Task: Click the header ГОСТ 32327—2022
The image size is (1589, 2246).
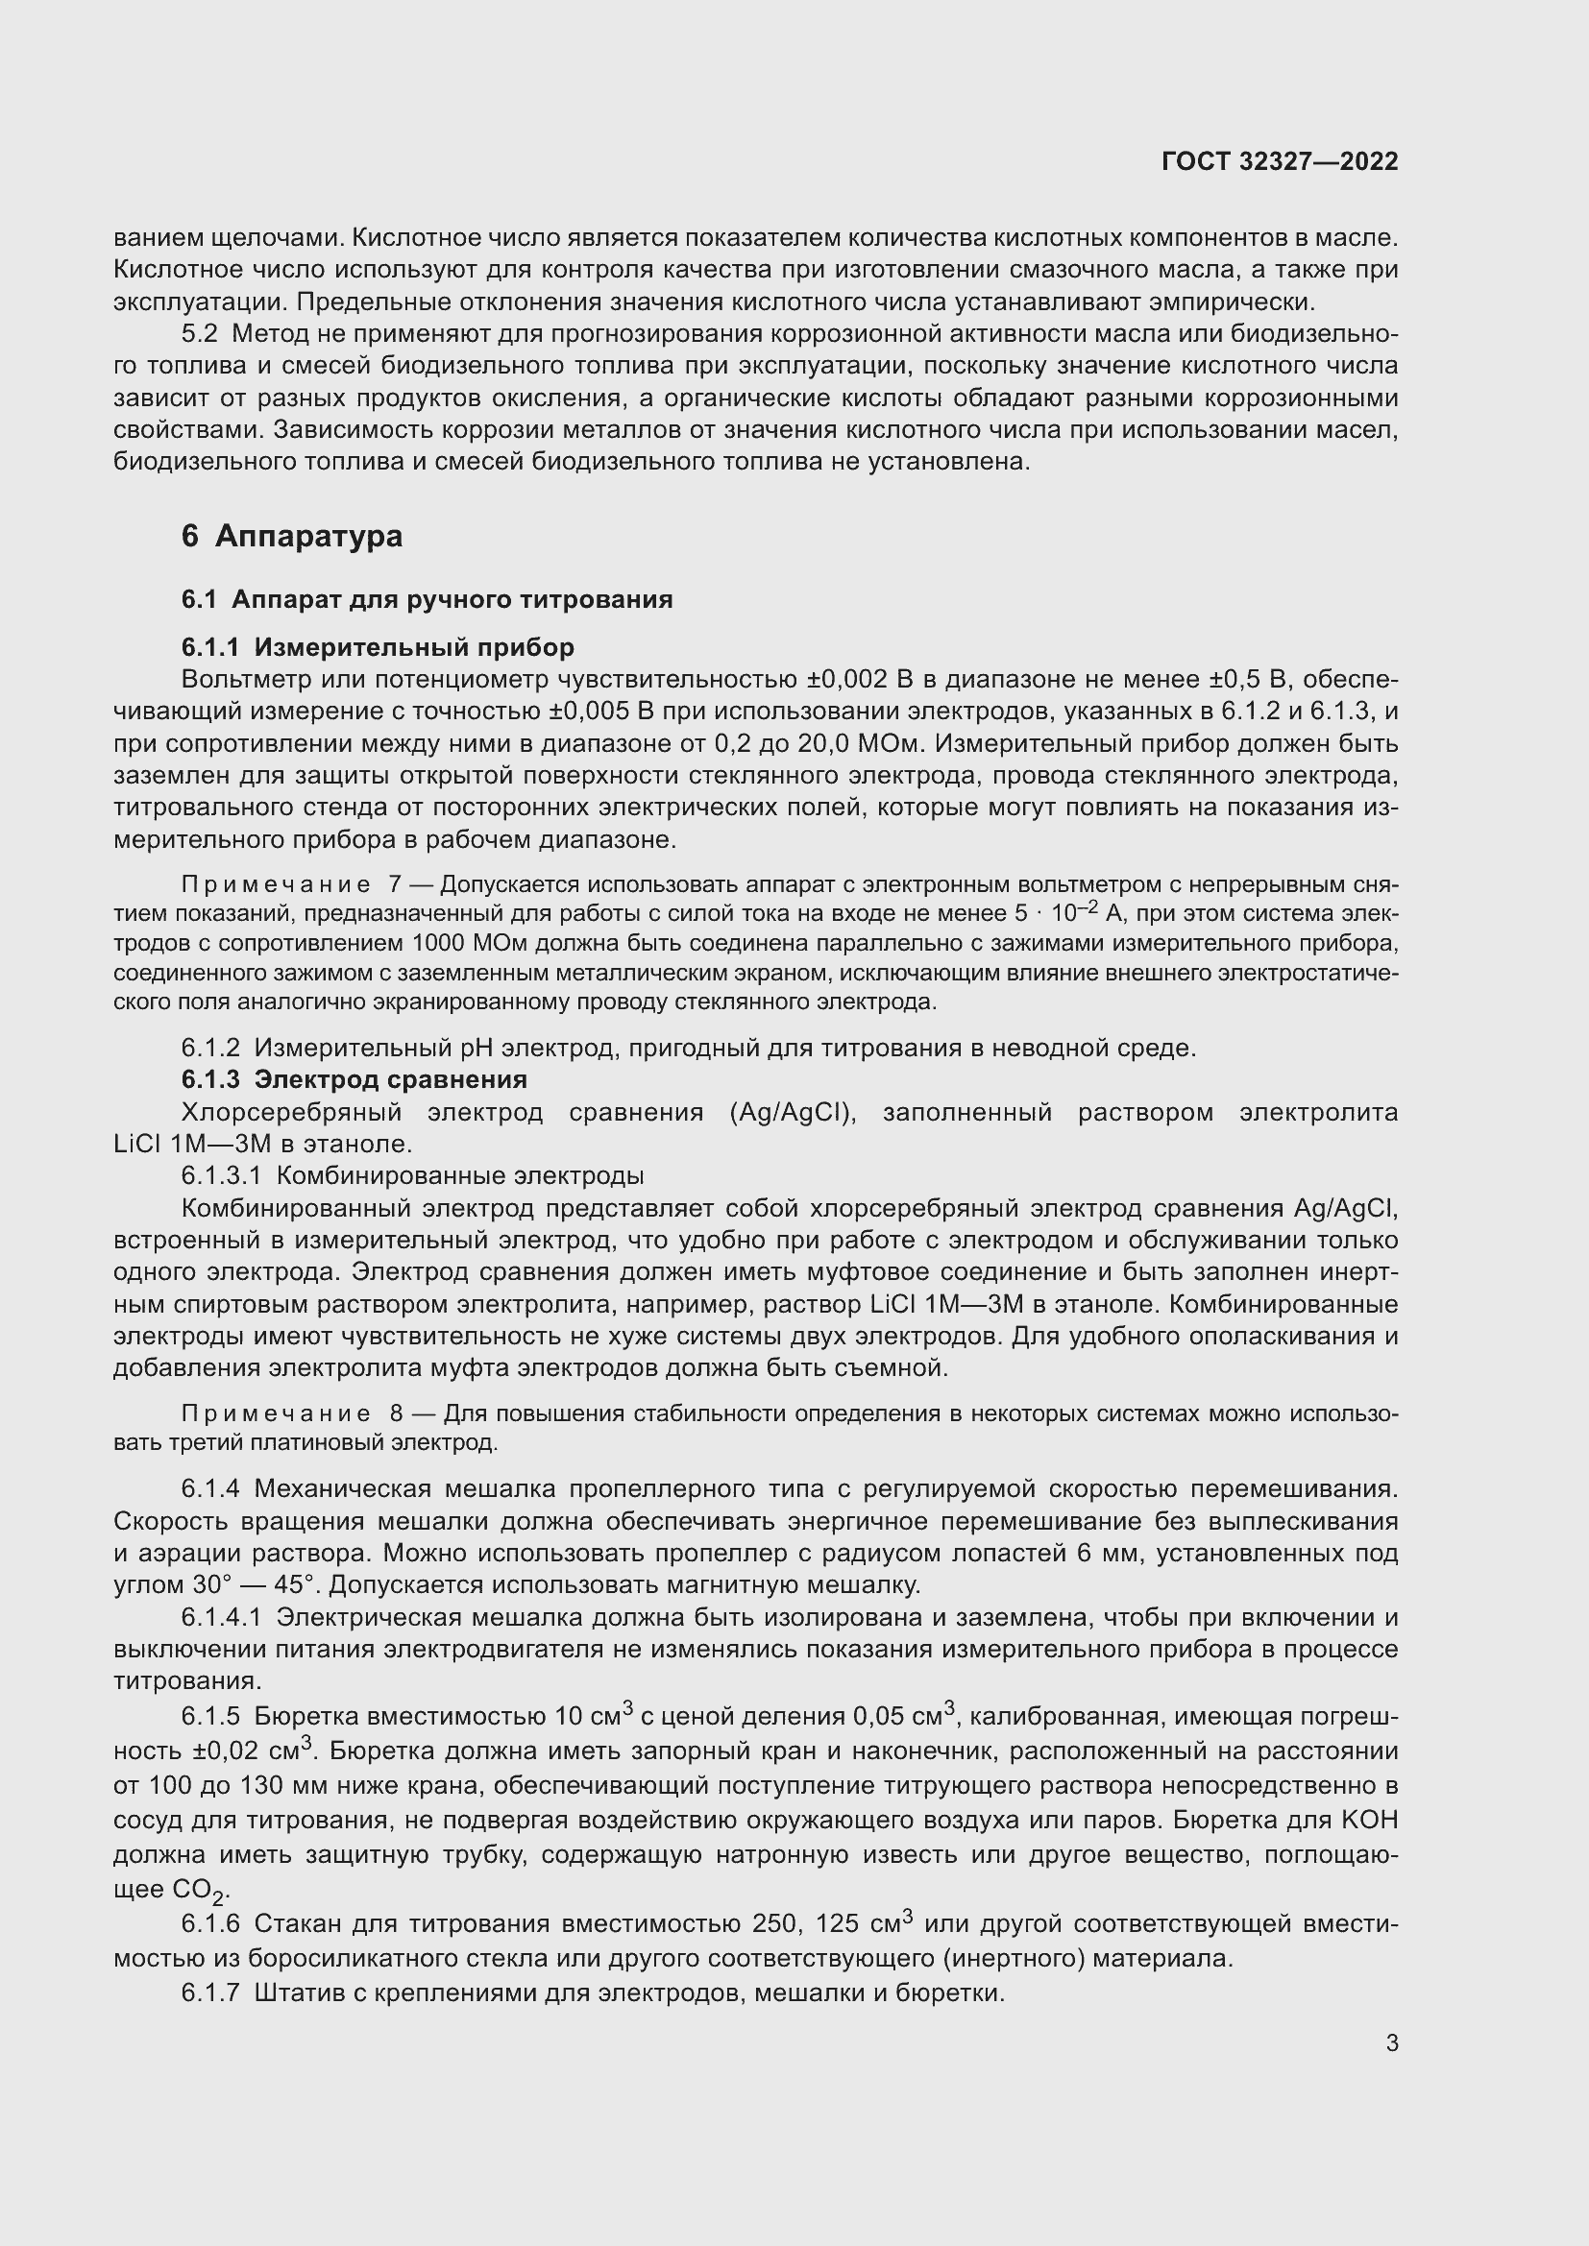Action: pos(1279,161)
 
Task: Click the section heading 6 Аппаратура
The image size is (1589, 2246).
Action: pos(292,536)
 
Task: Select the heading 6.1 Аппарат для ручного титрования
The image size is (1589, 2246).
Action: pos(427,598)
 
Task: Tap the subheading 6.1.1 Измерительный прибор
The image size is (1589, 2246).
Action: pos(378,646)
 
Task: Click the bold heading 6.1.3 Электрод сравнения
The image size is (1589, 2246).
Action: pos(354,1079)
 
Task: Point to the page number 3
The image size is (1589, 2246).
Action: pos(1391,2042)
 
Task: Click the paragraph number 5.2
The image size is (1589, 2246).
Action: pos(199,333)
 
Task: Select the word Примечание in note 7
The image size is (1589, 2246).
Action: pos(275,884)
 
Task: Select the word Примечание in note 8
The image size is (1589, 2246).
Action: pos(275,1413)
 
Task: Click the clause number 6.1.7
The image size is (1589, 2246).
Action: pos(209,1992)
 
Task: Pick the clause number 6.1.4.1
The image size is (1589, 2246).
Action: pos(220,1617)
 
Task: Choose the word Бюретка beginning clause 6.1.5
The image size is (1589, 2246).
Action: pos(302,1716)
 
